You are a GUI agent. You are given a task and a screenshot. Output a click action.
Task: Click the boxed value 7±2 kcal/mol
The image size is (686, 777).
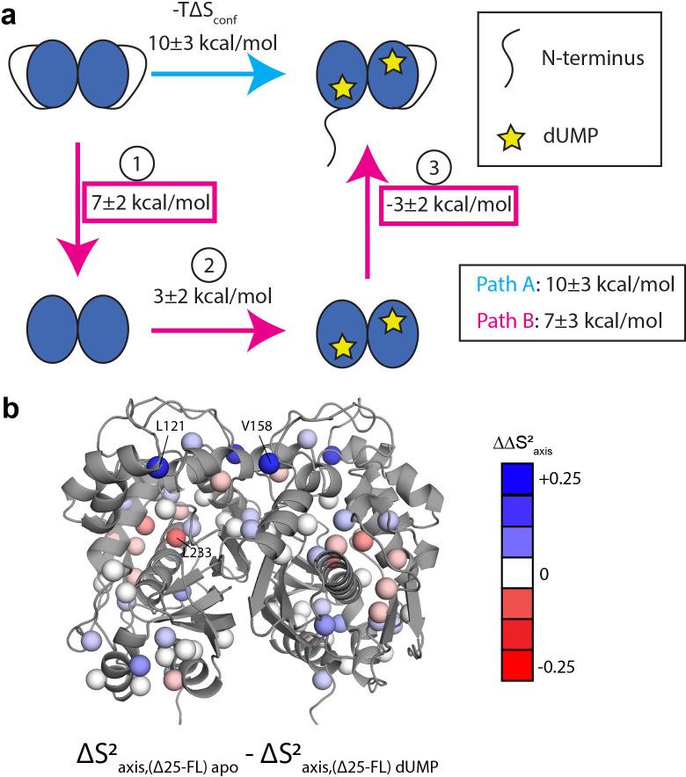tap(151, 203)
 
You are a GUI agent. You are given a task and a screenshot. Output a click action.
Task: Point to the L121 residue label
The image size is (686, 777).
tap(171, 426)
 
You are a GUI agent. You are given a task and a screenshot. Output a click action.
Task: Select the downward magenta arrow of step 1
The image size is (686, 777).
tap(79, 211)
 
